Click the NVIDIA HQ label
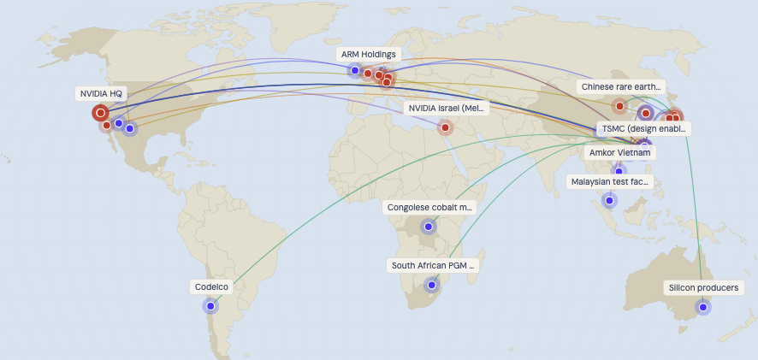pyautogui.click(x=101, y=92)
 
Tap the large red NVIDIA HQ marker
pyautogui.click(x=100, y=112)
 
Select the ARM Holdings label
pyautogui.click(x=368, y=54)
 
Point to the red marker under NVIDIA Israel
pyautogui.click(x=445, y=127)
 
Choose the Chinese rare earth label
pyautogui.click(x=621, y=86)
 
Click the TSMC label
pyautogui.click(x=643, y=128)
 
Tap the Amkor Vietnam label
pyautogui.click(x=620, y=152)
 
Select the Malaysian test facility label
pyautogui.click(x=610, y=181)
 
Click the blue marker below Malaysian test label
pyautogui.click(x=609, y=201)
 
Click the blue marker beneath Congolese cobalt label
pyautogui.click(x=429, y=227)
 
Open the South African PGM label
pyautogui.click(x=433, y=265)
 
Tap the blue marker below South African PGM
pyautogui.click(x=432, y=286)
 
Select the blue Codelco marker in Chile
pyautogui.click(x=210, y=305)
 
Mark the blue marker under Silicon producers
pyautogui.click(x=703, y=307)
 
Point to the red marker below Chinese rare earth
pyautogui.click(x=619, y=107)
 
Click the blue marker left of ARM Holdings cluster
pyautogui.click(x=355, y=70)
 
